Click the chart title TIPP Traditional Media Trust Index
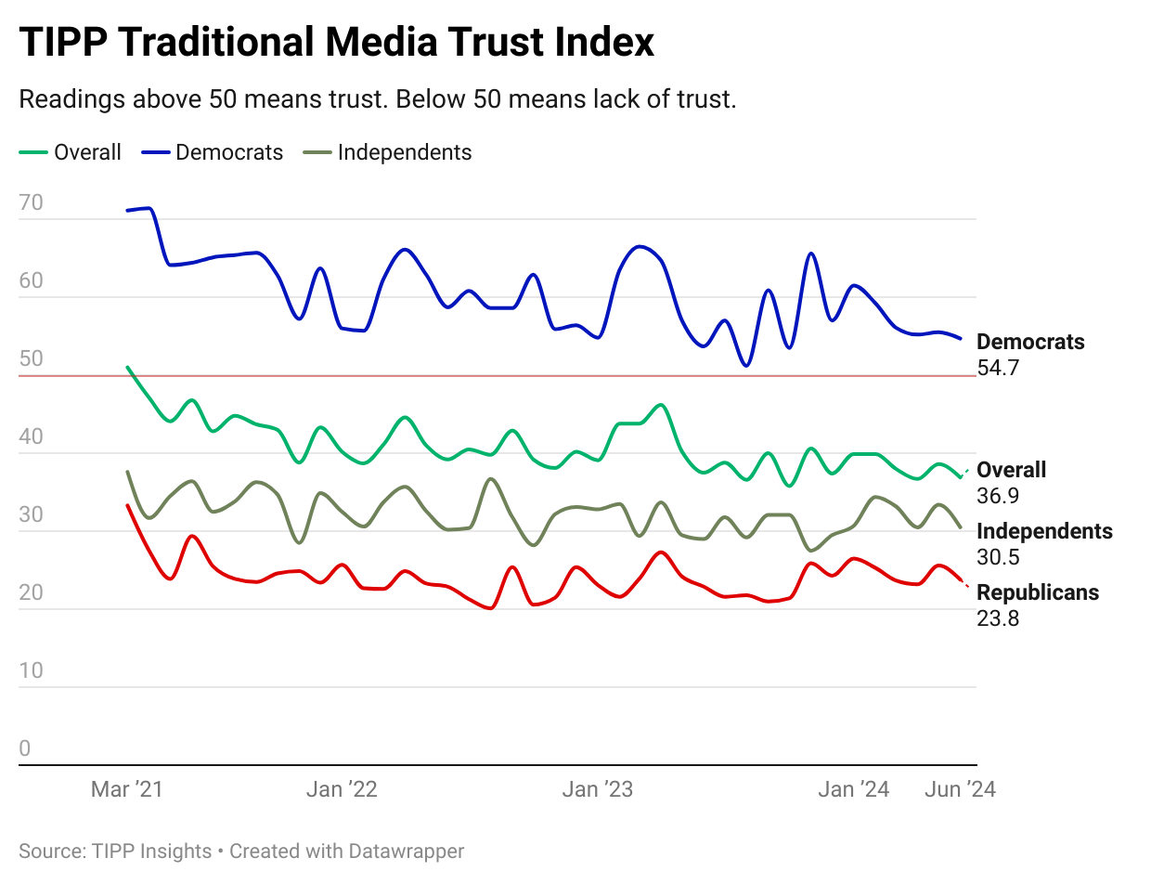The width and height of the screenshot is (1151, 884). click(337, 43)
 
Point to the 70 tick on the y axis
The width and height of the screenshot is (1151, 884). click(31, 202)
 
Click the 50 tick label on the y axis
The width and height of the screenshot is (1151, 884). click(31, 358)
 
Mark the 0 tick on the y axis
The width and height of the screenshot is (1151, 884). click(24, 748)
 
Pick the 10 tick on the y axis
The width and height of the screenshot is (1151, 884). click(31, 670)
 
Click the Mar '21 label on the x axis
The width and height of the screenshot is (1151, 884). click(126, 789)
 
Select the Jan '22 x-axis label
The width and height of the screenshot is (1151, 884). click(343, 789)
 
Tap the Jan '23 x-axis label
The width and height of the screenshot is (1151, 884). click(598, 789)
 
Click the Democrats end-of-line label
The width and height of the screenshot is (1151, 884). click(1030, 342)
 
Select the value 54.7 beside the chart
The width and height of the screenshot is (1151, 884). click(998, 368)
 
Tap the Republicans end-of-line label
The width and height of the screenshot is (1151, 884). click(1038, 592)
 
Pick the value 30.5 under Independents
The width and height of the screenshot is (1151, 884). click(998, 557)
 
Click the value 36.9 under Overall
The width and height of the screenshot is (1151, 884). click(998, 496)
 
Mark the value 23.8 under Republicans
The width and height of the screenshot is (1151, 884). click(998, 618)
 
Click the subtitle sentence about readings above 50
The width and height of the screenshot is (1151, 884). click(377, 99)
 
